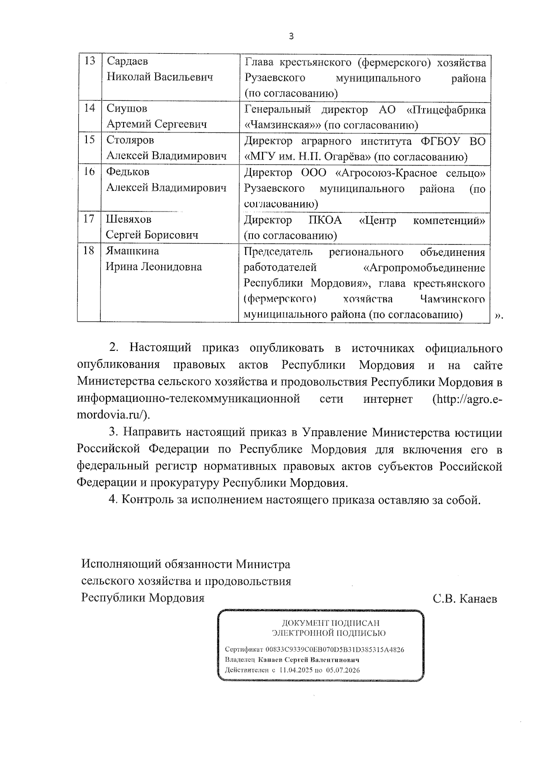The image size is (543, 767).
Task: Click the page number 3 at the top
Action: coord(291,37)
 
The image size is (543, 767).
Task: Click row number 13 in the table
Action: coord(90,61)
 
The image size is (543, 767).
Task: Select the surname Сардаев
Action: coord(127,61)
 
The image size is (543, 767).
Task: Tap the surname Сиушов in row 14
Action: coord(127,108)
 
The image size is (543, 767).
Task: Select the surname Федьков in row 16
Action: coord(128,172)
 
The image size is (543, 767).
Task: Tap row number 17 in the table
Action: coord(89,219)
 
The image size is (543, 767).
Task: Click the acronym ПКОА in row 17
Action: coord(325,221)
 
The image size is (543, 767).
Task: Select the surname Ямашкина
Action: coord(133,251)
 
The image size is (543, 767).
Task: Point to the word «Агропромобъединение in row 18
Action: coord(424,268)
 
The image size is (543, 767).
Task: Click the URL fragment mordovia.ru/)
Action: coord(113,415)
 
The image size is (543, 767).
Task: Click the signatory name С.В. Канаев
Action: coord(465,599)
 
